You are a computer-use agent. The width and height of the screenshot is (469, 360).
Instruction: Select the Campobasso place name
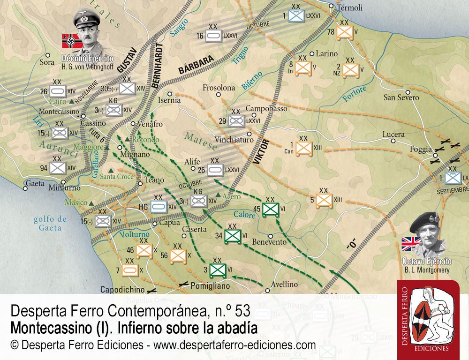point(266,108)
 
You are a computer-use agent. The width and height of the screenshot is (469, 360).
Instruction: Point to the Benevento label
point(269,242)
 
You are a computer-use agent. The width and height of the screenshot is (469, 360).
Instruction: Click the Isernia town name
point(169,100)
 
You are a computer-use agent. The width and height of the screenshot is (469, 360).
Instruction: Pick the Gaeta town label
point(35,183)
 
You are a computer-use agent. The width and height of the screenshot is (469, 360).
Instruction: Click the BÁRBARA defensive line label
point(196,64)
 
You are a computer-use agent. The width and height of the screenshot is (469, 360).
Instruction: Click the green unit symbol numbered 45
point(270,209)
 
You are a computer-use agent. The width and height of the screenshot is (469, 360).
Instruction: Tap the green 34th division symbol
point(233,236)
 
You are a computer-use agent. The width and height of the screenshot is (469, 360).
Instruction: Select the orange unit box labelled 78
point(345,32)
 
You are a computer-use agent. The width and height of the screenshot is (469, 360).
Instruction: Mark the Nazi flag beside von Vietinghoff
point(69,40)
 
